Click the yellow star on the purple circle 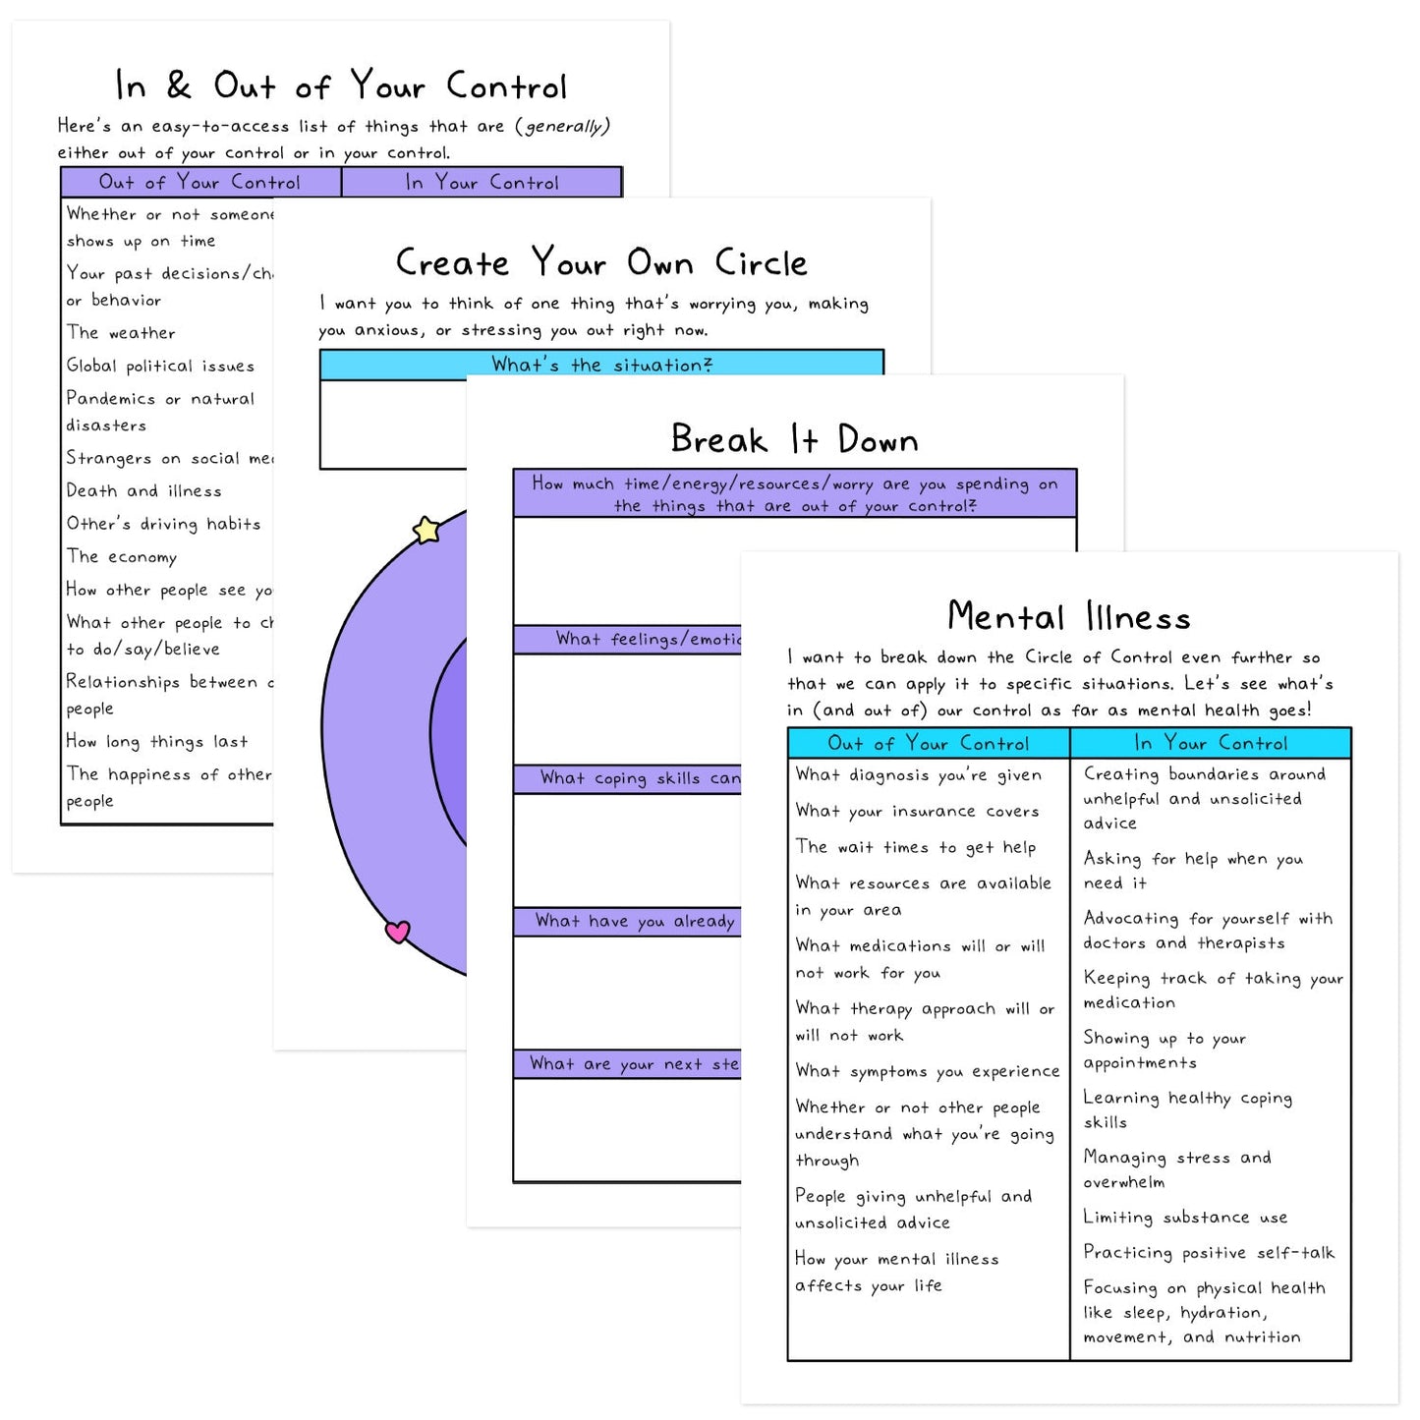pos(426,530)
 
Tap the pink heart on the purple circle pos(397,931)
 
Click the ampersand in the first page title pos(179,85)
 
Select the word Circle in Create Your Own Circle pos(761,263)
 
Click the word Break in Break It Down pos(718,439)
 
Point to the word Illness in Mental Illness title pos(1138,617)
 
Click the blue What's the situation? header pos(601,365)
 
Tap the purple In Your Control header pos(482,182)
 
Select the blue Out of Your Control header pos(928,743)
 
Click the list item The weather pos(121,333)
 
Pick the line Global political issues pos(160,366)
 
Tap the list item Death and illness pos(143,490)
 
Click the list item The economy pos(122,556)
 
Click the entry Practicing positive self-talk pos(1209,1252)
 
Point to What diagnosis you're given pos(918,774)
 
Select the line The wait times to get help pos(915,847)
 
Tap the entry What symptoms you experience pos(927,1071)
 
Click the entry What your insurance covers pos(917,811)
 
